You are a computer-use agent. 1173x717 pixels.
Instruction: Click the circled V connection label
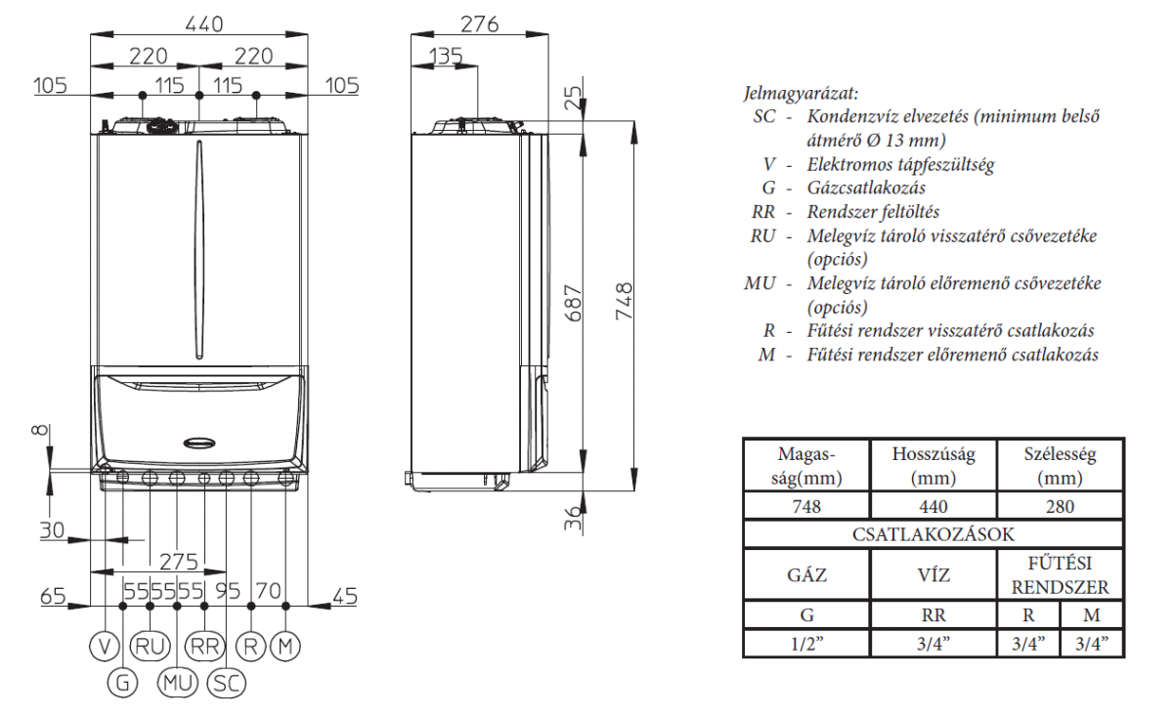104,646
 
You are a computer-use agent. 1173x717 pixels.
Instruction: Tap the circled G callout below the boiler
122,683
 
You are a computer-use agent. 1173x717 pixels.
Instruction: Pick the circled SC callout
226,683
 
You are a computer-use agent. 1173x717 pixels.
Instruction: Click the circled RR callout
203,646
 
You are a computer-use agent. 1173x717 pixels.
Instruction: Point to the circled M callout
284,646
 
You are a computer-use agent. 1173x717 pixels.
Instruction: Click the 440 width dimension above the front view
199,22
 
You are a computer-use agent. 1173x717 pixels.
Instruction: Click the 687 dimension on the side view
574,304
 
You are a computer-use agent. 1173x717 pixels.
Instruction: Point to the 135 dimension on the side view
445,56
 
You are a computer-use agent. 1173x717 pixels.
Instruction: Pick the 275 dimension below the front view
178,562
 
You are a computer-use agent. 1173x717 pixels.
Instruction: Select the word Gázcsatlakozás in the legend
866,188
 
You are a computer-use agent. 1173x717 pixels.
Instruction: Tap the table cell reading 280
1060,506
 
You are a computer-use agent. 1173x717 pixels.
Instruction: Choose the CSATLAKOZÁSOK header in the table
934,534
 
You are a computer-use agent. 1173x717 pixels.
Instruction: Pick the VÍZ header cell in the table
933,574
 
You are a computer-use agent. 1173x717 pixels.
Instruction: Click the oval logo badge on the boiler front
200,439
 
